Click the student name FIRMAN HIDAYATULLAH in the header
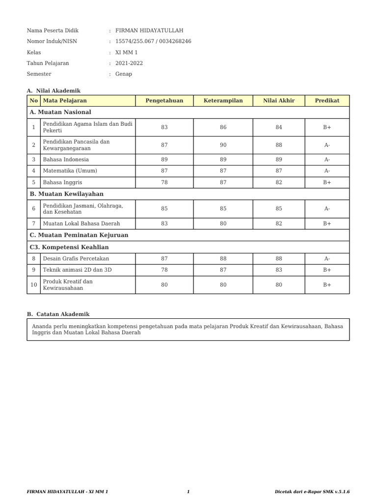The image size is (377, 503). pyautogui.click(x=149, y=30)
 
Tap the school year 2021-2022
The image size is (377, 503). pyautogui.click(x=130, y=63)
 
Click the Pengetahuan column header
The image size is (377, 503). pyautogui.click(x=164, y=101)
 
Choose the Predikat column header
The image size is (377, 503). pyautogui.click(x=327, y=101)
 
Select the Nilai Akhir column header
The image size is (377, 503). pyautogui.click(x=279, y=101)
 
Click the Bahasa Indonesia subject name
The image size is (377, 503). pyautogui.click(x=66, y=160)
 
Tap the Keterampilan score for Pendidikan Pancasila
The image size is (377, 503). pyautogui.click(x=223, y=145)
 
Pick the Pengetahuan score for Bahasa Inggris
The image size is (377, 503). pyautogui.click(x=164, y=182)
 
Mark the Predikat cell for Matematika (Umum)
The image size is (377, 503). pyautogui.click(x=327, y=171)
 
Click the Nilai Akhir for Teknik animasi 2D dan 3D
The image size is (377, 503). pyautogui.click(x=279, y=270)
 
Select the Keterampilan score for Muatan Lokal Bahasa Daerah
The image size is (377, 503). pyautogui.click(x=223, y=224)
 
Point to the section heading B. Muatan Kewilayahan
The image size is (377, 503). pyautogui.click(x=66, y=194)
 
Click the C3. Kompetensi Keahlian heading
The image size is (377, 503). pyautogui.click(x=69, y=247)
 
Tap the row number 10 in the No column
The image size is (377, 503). pyautogui.click(x=33, y=285)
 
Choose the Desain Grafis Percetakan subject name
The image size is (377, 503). pyautogui.click(x=76, y=259)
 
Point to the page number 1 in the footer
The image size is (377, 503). pyautogui.click(x=188, y=492)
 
